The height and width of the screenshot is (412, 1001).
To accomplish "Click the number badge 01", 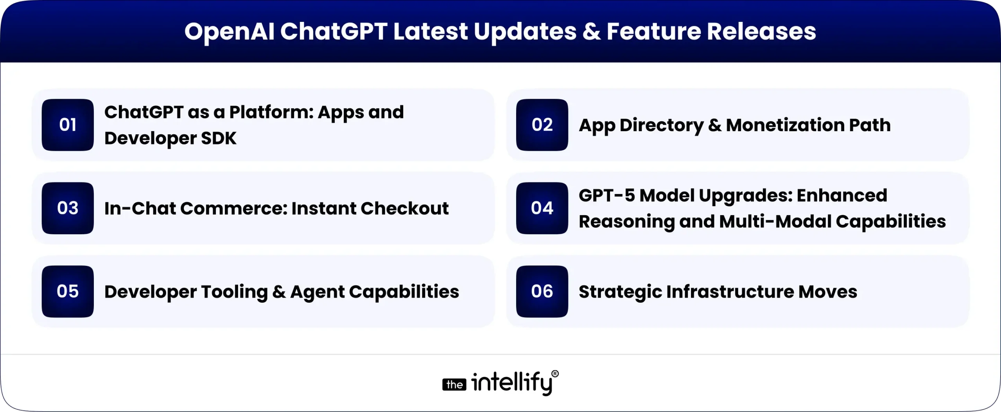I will [x=68, y=125].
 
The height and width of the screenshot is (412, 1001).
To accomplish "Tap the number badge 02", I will [x=542, y=125].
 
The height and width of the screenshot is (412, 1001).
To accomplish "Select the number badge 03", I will [x=68, y=208].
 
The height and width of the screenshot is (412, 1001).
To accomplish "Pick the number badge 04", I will [x=542, y=208].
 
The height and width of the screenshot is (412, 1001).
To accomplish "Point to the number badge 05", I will [x=68, y=291].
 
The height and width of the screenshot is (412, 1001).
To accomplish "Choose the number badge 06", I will [x=542, y=291].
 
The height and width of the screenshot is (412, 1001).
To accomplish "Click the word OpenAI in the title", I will [x=229, y=32].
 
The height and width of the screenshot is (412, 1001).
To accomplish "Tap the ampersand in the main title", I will [x=591, y=32].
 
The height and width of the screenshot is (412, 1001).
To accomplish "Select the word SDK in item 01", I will [x=219, y=138].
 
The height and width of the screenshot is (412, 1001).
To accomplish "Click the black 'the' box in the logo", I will [x=454, y=385].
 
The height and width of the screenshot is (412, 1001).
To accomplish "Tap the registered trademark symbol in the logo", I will [x=555, y=374].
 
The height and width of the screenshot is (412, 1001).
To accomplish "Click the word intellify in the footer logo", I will [x=512, y=383].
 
